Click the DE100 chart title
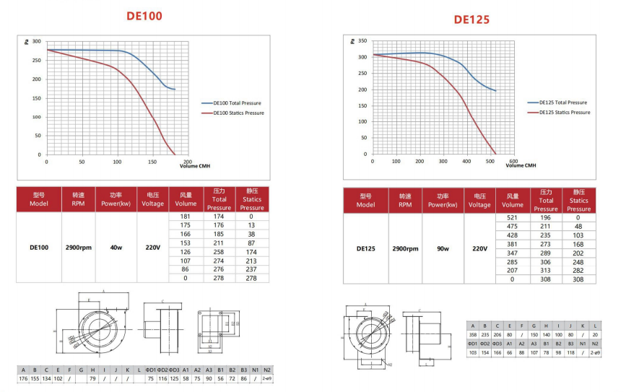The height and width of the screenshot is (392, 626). [x=144, y=16]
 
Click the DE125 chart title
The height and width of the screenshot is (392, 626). [x=471, y=19]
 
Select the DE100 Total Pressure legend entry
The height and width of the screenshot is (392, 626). [x=238, y=104]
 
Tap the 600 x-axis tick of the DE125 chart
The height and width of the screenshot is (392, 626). [x=513, y=161]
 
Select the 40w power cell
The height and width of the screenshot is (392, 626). [x=116, y=247]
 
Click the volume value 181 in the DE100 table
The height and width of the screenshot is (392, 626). [x=184, y=217]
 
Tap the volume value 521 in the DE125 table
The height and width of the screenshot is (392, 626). [x=513, y=217]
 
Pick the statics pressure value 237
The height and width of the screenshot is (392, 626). [x=251, y=269]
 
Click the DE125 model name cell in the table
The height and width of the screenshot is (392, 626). [x=366, y=248]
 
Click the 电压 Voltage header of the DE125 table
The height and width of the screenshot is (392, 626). [x=479, y=200]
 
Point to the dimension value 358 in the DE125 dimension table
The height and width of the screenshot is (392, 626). [x=474, y=334]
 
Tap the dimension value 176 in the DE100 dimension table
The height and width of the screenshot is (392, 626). [x=23, y=378]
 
